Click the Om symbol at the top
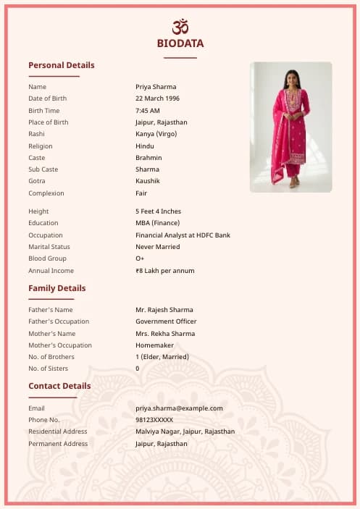point(180,27)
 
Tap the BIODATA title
point(180,43)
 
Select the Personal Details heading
point(62,65)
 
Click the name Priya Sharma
point(156,87)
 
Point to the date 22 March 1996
point(158,98)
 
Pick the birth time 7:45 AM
point(148,111)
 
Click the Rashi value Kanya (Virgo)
point(156,134)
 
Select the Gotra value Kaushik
point(148,181)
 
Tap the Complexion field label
point(46,193)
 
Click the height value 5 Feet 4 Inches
point(159,211)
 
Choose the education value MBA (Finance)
point(158,223)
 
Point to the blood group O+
point(140,258)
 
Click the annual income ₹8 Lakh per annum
point(165,271)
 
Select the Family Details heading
point(57,288)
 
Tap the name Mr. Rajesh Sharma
point(164,310)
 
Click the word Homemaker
point(154,345)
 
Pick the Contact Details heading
point(60,386)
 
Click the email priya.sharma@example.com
point(179,408)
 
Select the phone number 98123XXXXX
point(154,420)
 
